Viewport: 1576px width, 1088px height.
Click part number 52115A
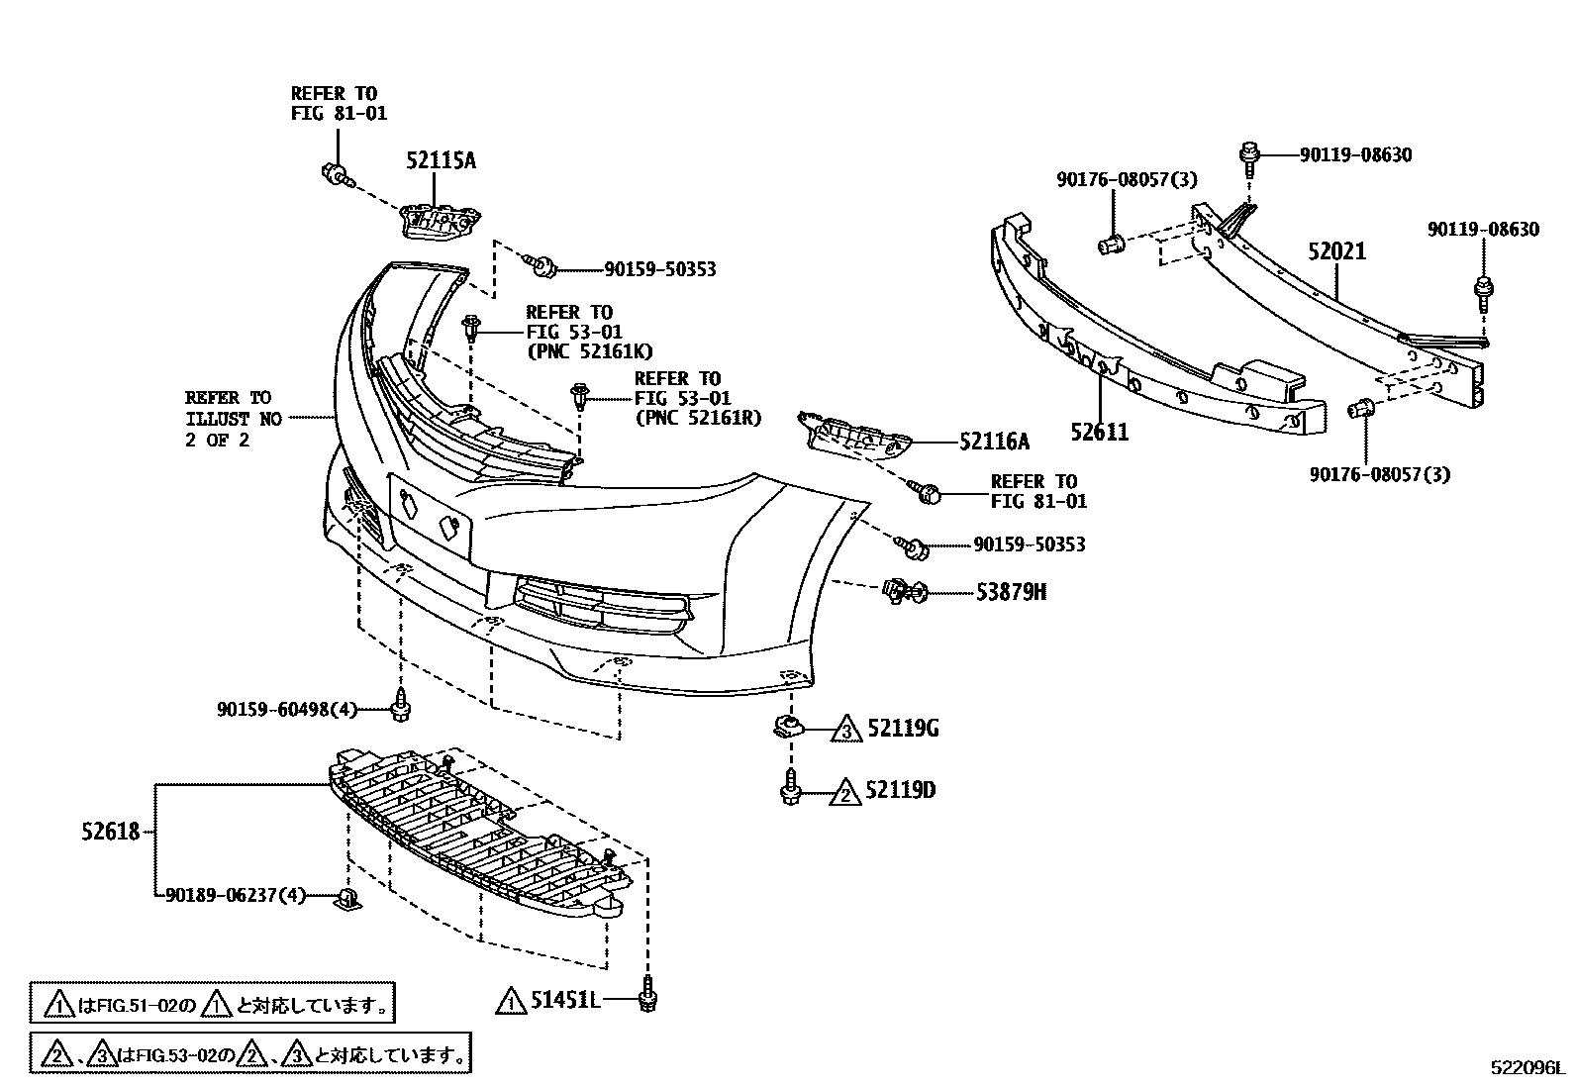(441, 160)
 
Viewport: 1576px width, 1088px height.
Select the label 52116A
(994, 442)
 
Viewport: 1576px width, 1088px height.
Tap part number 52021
(1336, 251)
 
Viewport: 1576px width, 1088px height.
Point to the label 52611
(1099, 432)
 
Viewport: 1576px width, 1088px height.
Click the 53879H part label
(1011, 592)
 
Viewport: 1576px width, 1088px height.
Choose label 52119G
(903, 730)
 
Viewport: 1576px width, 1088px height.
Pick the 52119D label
(900, 790)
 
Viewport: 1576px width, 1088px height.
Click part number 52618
(111, 833)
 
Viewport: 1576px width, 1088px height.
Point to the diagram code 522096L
(1529, 1068)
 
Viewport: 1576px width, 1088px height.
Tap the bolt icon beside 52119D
(790, 790)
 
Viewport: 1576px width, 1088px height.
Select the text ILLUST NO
(234, 419)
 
